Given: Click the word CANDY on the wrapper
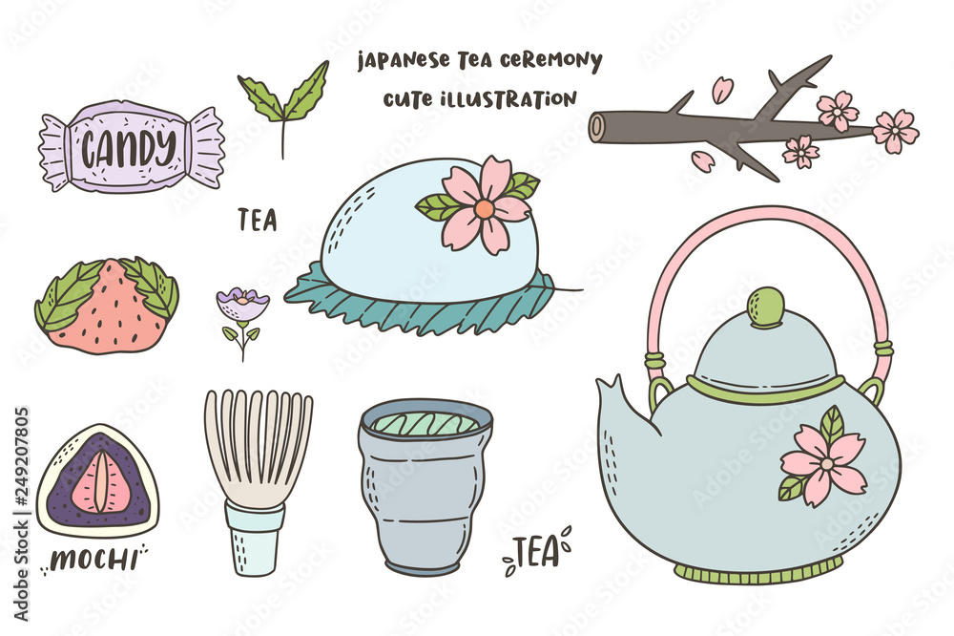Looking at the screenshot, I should pos(128,147).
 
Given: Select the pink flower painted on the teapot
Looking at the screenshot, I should pos(820,462).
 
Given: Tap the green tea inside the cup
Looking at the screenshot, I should pos(425,423).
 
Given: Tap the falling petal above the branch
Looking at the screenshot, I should pos(721,90).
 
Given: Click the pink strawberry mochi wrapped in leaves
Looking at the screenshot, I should pos(106,304).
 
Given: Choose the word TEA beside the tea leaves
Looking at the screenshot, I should pos(258,221).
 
